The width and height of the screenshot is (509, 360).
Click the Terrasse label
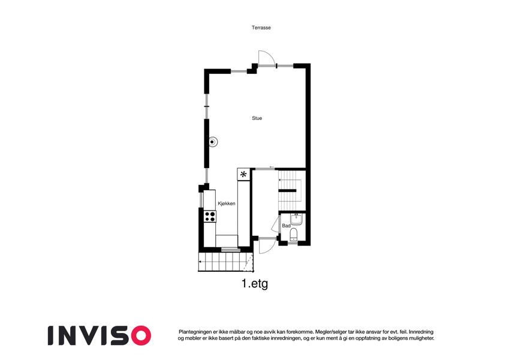(261, 28)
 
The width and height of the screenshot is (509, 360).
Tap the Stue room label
(257, 118)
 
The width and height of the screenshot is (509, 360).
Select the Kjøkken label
(226, 203)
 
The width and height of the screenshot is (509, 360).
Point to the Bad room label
(286, 226)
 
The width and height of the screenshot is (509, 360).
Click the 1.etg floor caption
(254, 284)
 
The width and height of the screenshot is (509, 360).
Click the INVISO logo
(100, 335)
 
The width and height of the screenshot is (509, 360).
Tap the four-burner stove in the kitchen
(210, 217)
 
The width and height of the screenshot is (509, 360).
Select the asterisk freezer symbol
(243, 175)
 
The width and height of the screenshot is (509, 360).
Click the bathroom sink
(296, 219)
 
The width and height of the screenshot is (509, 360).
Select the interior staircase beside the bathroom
(291, 190)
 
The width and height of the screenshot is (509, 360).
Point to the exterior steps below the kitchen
(226, 262)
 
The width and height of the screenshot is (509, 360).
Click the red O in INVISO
(140, 335)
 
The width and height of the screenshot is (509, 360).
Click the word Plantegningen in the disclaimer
(194, 332)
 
